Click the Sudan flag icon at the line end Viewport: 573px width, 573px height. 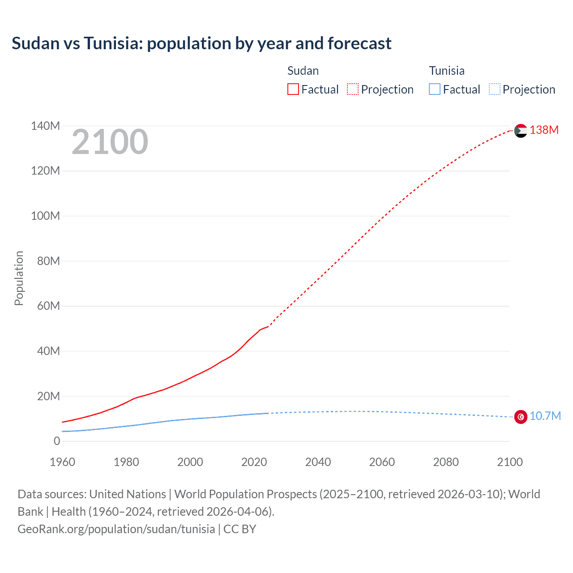pos(521,131)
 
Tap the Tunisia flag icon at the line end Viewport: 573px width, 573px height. pos(521,417)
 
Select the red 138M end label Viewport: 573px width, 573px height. pos(544,130)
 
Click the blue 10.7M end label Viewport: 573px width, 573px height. pos(545,416)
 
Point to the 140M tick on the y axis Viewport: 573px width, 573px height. pos(45,126)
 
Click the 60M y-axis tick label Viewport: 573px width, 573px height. pos(48,306)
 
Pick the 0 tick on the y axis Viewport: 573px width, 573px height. pos(57,441)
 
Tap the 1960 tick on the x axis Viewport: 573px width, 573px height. pos(62,462)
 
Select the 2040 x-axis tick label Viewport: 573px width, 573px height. pos(318,462)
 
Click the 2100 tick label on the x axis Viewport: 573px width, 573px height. pos(509,462)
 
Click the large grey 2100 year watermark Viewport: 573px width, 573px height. pos(110,142)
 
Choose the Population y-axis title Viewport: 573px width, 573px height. pos(19,278)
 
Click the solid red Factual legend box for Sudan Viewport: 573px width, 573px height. pos(293,89)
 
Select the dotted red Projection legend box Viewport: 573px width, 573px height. pos(353,89)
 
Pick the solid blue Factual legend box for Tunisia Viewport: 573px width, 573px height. pos(434,89)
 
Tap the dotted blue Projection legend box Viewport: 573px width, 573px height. pos(494,89)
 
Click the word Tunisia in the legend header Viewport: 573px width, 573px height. pos(446,71)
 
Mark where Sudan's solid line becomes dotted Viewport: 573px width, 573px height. pos(268,326)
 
